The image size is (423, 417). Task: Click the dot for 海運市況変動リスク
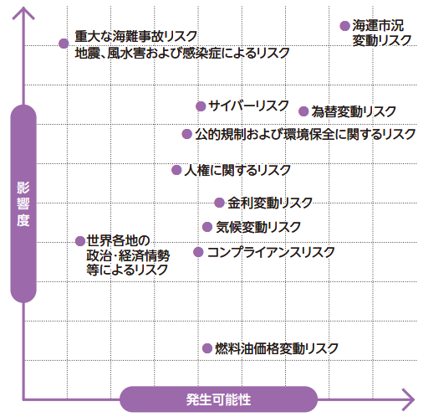(344, 26)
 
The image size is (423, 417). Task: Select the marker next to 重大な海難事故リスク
(64, 44)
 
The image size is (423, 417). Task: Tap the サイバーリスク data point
(201, 106)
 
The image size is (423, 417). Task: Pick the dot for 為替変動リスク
(303, 111)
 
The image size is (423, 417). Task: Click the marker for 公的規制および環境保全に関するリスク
(187, 134)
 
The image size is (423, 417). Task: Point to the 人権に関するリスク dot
(176, 170)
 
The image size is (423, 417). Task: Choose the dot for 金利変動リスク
(220, 203)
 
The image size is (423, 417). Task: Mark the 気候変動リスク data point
(207, 227)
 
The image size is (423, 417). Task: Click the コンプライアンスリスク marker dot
(198, 252)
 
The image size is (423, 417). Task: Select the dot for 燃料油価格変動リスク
(207, 348)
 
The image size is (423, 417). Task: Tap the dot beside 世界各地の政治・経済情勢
(80, 241)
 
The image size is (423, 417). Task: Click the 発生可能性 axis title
(218, 399)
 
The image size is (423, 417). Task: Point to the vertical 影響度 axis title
(23, 203)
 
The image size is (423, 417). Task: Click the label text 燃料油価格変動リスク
(277, 348)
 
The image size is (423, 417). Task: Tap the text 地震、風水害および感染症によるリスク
(182, 53)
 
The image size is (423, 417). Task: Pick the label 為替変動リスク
(354, 111)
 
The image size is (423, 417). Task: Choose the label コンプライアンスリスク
(271, 252)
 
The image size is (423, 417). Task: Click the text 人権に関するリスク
(237, 170)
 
